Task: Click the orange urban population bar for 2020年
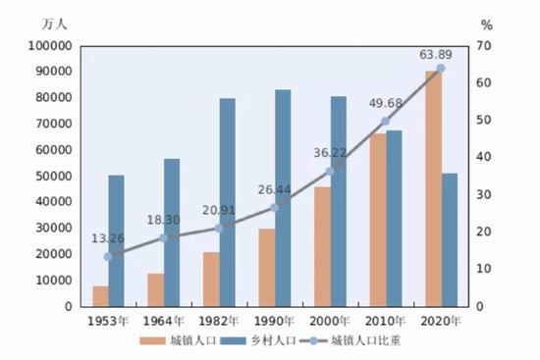tap(434, 188)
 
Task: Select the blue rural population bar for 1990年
tap(283, 198)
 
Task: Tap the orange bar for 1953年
tap(101, 296)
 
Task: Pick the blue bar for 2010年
tap(394, 218)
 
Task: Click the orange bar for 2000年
tap(323, 247)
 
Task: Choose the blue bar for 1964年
tap(172, 232)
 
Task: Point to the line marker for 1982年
tap(219, 229)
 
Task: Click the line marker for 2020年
tap(441, 69)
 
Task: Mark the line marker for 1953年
tap(108, 257)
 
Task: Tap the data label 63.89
tap(436, 54)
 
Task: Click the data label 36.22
tap(330, 153)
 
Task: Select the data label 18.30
tap(163, 220)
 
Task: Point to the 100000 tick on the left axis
tap(50, 46)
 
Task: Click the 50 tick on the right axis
tap(484, 120)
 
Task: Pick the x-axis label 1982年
tap(219, 321)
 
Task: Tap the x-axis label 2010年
tap(385, 321)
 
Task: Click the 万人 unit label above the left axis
tap(54, 25)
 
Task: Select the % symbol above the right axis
tap(487, 26)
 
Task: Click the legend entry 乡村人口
tap(258, 340)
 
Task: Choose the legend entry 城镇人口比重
tap(350, 340)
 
